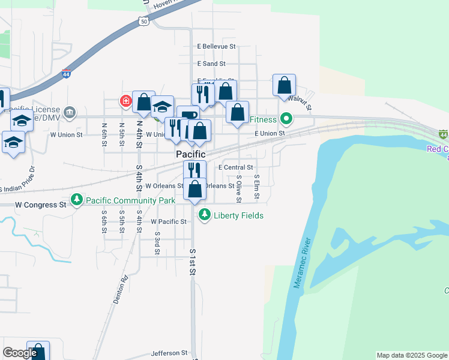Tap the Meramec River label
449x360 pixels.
click(x=304, y=263)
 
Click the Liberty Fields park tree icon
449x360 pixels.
click(x=205, y=214)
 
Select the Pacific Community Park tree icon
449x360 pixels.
click(x=77, y=199)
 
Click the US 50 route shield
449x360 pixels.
click(x=143, y=20)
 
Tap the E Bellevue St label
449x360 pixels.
click(x=217, y=46)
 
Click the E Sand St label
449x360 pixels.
click(x=211, y=64)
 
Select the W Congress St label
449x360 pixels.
click(x=41, y=205)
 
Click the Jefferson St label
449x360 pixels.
click(x=169, y=353)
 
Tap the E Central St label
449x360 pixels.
click(x=236, y=168)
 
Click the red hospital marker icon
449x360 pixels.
click(x=126, y=101)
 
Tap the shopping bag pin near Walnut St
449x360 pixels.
click(x=284, y=85)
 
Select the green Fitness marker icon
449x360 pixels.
click(x=286, y=119)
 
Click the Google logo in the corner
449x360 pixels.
click(x=20, y=353)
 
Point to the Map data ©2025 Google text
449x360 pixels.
click(x=412, y=355)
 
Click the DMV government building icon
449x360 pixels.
click(x=70, y=112)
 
